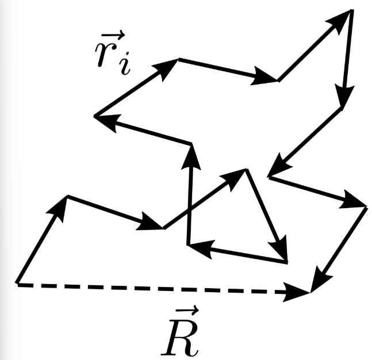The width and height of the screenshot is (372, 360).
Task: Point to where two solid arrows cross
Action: click(190, 209)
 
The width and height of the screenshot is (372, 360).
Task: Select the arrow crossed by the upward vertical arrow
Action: click(205, 198)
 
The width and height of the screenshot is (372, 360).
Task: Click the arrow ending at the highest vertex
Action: click(314, 46)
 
